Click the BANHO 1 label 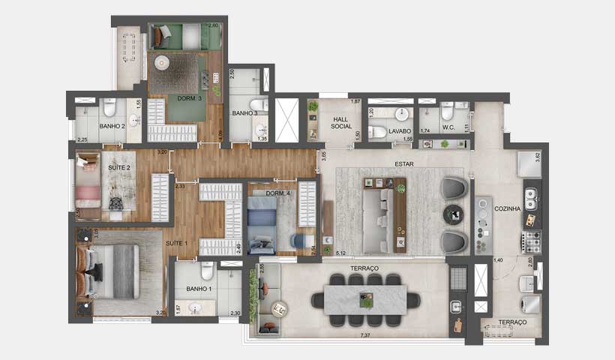[190, 289]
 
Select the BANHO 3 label [244, 113]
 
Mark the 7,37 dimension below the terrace [366, 333]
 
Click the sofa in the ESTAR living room [379, 217]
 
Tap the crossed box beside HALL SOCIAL [288, 120]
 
